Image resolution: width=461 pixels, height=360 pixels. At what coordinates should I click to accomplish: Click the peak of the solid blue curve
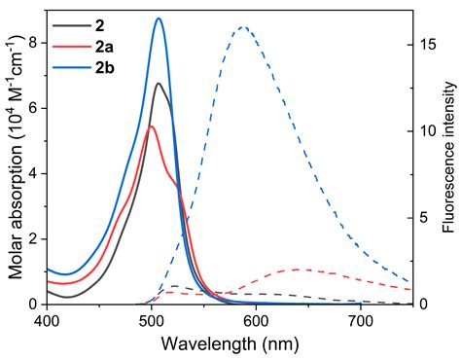[x=159, y=18]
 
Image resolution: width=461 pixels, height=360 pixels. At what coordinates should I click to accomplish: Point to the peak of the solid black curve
[x=159, y=84]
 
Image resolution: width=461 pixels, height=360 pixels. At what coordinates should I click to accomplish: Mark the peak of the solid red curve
[x=151, y=126]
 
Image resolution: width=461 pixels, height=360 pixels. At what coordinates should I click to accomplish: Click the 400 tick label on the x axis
[x=46, y=319]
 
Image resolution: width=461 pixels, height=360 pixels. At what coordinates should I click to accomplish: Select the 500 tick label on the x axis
[x=151, y=319]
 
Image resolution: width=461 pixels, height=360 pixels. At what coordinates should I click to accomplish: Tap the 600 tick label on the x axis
[x=256, y=319]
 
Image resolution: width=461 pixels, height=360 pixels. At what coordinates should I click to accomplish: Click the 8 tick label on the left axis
[x=34, y=42]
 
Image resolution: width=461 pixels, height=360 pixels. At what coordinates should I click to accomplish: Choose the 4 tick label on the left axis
[x=34, y=173]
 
